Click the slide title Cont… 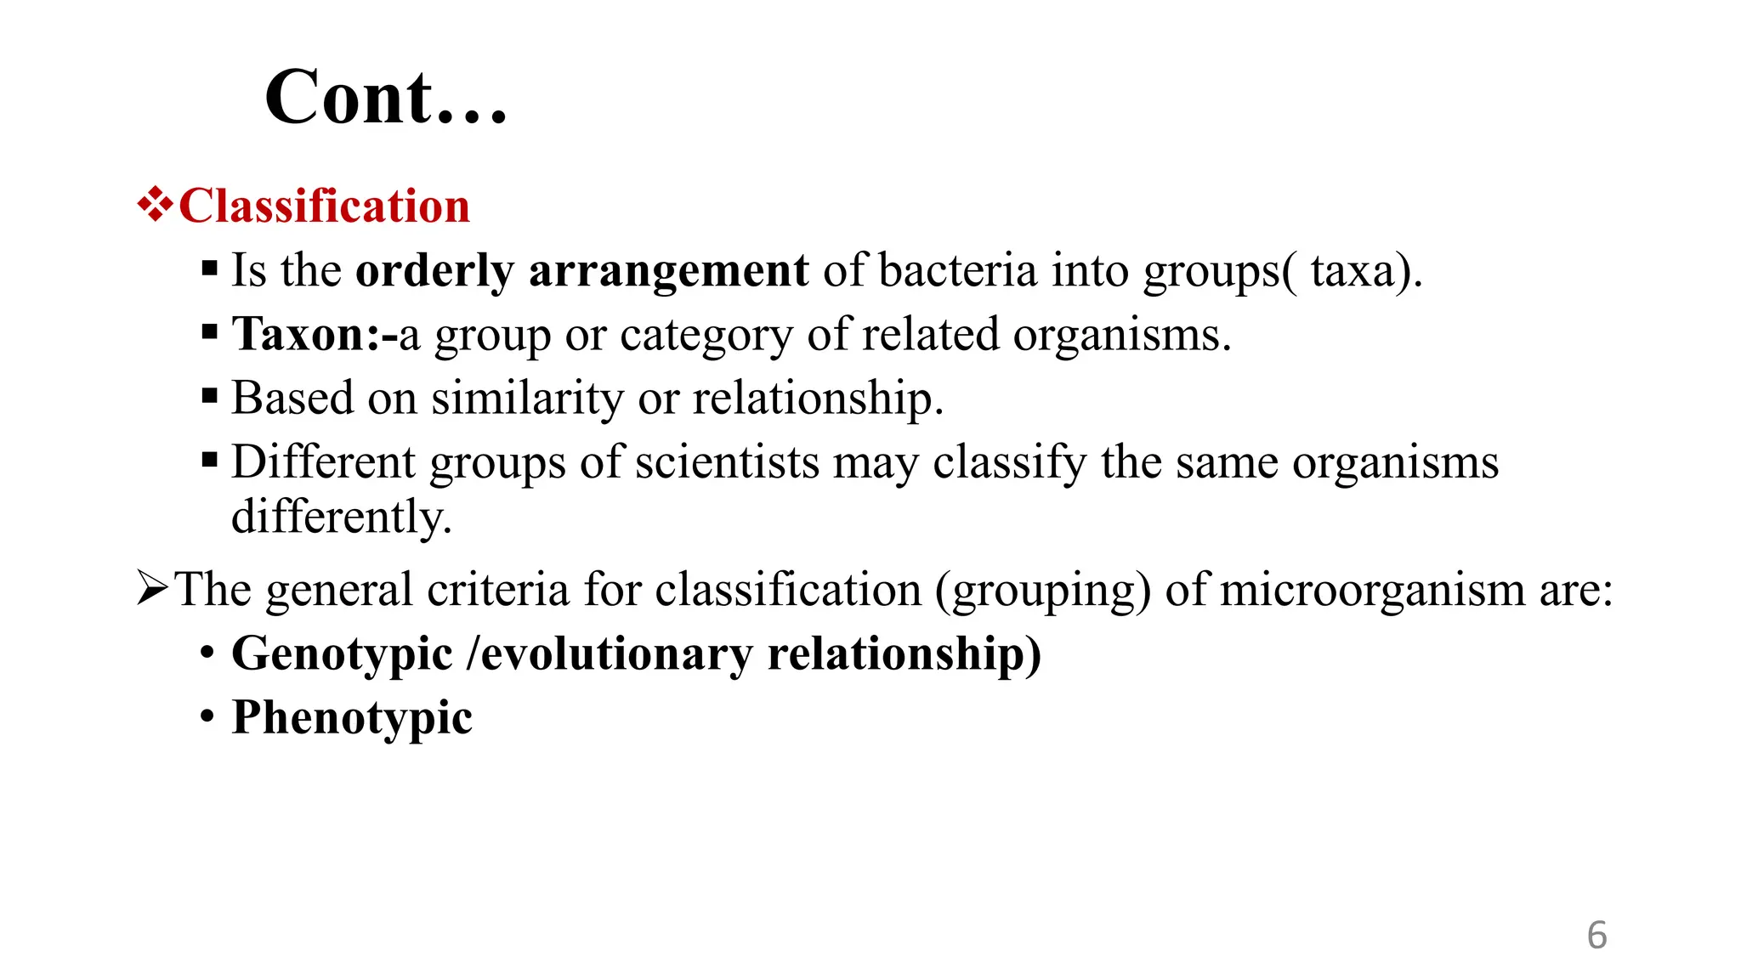point(386,98)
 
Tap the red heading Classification point(324,207)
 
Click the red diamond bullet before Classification point(155,205)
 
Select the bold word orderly point(434,271)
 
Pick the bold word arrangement point(668,271)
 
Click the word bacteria point(957,271)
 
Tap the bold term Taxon point(299,334)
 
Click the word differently point(340,517)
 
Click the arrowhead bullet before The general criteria point(153,588)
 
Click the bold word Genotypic point(342,654)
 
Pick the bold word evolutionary point(616,654)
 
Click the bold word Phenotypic point(352,718)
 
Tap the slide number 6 point(1596,936)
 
